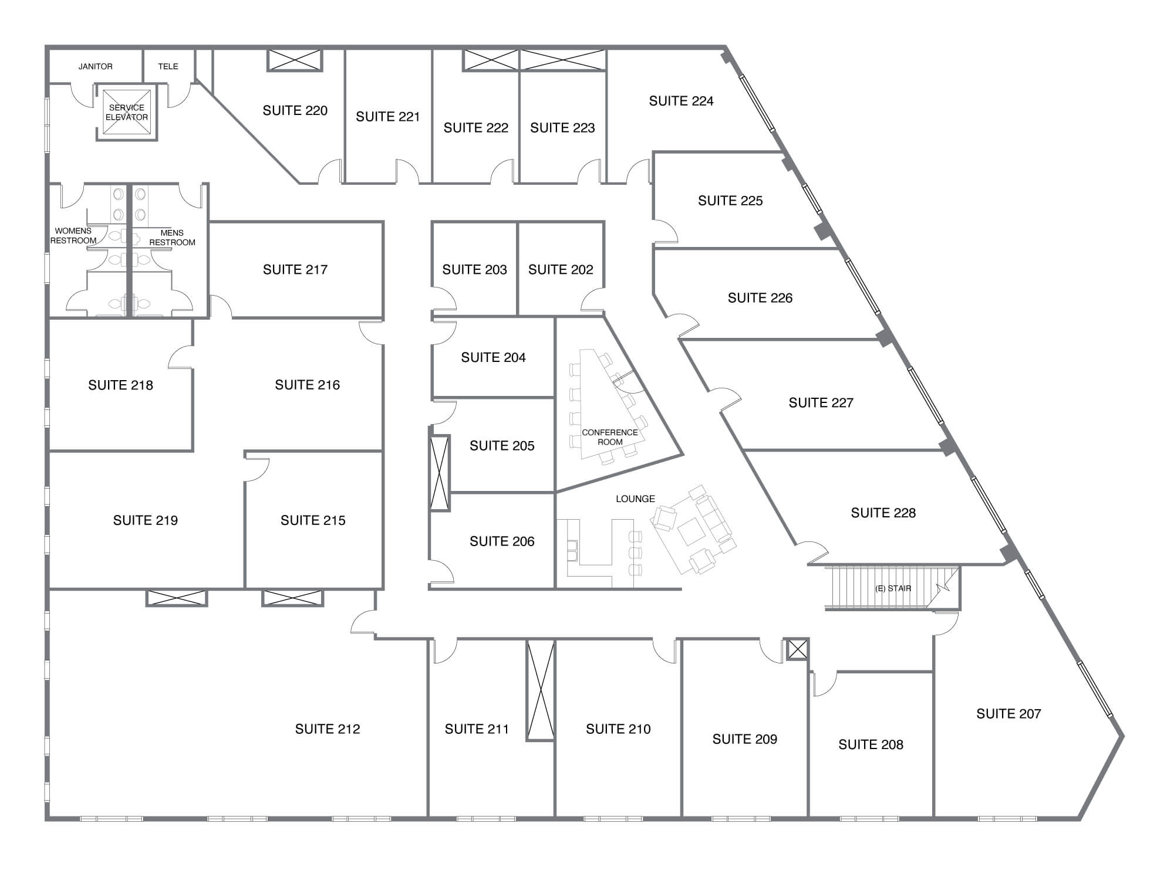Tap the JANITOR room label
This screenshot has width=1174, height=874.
(x=96, y=66)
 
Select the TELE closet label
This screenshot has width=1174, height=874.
(x=168, y=66)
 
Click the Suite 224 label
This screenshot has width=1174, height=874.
(x=681, y=101)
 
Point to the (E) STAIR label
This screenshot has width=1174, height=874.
(x=893, y=588)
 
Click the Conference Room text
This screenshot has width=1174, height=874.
(x=609, y=437)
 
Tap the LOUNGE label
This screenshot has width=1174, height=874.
(x=635, y=499)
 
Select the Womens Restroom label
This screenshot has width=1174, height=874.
(x=73, y=236)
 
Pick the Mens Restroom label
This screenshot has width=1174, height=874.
(x=172, y=238)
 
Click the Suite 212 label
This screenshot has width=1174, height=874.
(x=328, y=729)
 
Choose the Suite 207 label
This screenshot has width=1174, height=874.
(x=1008, y=713)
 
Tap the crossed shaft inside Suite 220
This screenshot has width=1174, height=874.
(x=295, y=60)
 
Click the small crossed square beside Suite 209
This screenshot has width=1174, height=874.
(x=797, y=649)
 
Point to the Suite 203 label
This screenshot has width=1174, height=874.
(x=474, y=269)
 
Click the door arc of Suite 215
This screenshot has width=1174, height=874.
(x=258, y=469)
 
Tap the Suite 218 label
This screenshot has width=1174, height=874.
(x=120, y=385)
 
